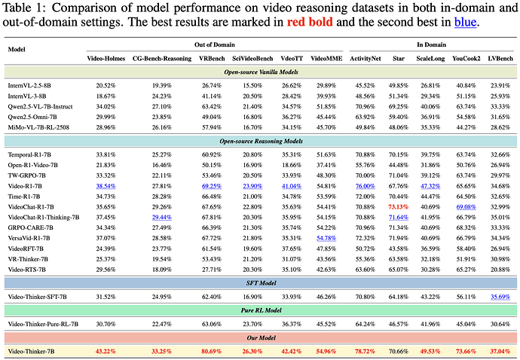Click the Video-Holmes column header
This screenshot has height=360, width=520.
(x=111, y=58)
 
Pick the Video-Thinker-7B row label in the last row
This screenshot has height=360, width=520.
(x=35, y=351)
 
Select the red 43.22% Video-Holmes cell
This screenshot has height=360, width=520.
(x=111, y=351)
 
